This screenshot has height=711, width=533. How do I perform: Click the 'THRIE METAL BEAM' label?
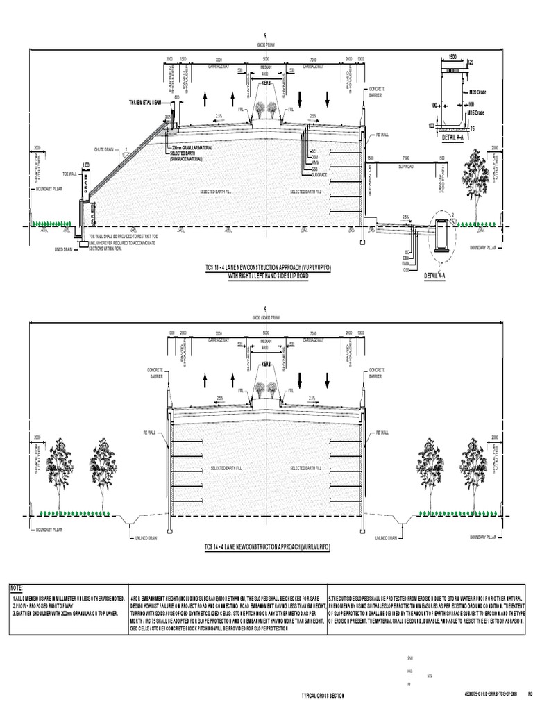(145, 102)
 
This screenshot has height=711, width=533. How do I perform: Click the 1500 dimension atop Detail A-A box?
(452, 55)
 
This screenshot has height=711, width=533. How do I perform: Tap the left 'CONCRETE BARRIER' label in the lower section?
(155, 373)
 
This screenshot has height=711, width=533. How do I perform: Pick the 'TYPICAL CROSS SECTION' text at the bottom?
(322, 695)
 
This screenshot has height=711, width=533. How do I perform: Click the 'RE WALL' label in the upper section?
(380, 134)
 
